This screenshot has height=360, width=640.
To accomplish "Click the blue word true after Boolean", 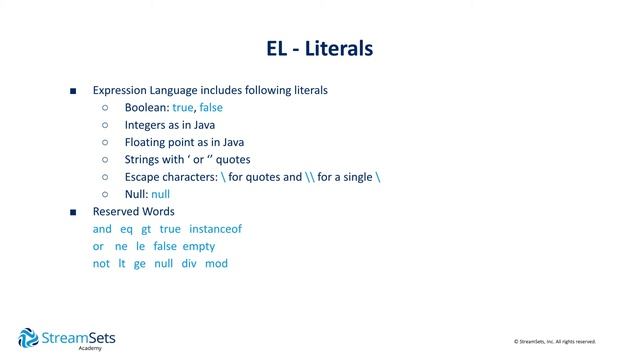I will coord(183,107).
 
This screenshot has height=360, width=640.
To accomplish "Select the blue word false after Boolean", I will coord(212,107).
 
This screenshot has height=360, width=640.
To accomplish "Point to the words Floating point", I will coord(158,142).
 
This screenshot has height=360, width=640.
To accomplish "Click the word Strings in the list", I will coord(144,159).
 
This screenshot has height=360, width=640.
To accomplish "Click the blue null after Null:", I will coord(161,194).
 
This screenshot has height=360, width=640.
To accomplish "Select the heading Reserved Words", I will coord(133,212).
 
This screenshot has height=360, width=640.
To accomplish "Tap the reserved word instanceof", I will coord(215,229).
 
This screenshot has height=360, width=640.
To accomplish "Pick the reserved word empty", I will coord(199,246).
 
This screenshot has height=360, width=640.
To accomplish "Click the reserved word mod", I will coord(216,263).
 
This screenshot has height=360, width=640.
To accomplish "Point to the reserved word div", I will coord(189,263).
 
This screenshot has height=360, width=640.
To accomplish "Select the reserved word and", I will coord(102,229).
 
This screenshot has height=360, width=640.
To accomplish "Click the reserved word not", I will coord(101,263).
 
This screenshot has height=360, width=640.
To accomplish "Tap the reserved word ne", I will coord(122,246).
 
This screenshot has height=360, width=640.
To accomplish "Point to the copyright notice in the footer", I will coord(554,342).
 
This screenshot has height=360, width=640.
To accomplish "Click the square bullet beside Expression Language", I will coord(73,90).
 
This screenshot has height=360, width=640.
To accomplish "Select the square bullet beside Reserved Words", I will coord(73,212).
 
